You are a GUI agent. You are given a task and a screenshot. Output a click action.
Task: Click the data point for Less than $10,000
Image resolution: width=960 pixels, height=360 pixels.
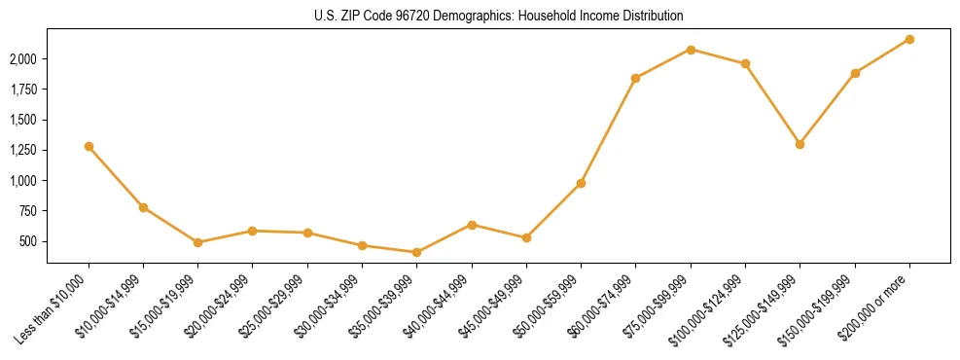pyautogui.click(x=89, y=146)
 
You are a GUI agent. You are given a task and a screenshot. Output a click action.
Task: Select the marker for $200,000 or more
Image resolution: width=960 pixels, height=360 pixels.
pyautogui.click(x=909, y=39)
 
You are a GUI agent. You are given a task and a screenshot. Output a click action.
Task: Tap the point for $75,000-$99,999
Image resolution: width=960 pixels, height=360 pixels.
pyautogui.click(x=691, y=50)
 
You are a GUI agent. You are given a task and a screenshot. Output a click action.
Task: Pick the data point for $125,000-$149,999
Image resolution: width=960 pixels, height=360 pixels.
pyautogui.click(x=800, y=144)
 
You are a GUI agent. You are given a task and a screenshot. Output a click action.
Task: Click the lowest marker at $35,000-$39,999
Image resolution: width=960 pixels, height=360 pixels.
pyautogui.click(x=416, y=252)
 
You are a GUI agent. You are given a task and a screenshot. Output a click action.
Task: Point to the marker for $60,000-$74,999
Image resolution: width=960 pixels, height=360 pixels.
pyautogui.click(x=635, y=78)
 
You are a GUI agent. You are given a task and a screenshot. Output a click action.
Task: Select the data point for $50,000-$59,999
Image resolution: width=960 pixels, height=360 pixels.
pyautogui.click(x=581, y=183)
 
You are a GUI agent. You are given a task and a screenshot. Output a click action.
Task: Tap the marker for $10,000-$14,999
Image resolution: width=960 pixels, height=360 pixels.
pyautogui.click(x=143, y=207)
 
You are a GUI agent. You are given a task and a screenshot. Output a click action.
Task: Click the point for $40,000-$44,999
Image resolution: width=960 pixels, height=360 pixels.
pyautogui.click(x=472, y=225)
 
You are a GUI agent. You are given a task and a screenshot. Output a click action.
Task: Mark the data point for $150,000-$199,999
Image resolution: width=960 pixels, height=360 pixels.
pyautogui.click(x=855, y=73)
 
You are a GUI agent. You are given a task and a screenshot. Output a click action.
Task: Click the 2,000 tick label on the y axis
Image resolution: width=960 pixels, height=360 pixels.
pyautogui.click(x=22, y=59)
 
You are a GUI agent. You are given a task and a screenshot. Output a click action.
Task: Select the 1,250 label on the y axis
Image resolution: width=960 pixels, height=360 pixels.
pyautogui.click(x=22, y=151)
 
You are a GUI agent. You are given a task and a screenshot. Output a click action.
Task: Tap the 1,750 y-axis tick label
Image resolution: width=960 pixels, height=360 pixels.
pyautogui.click(x=22, y=90)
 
